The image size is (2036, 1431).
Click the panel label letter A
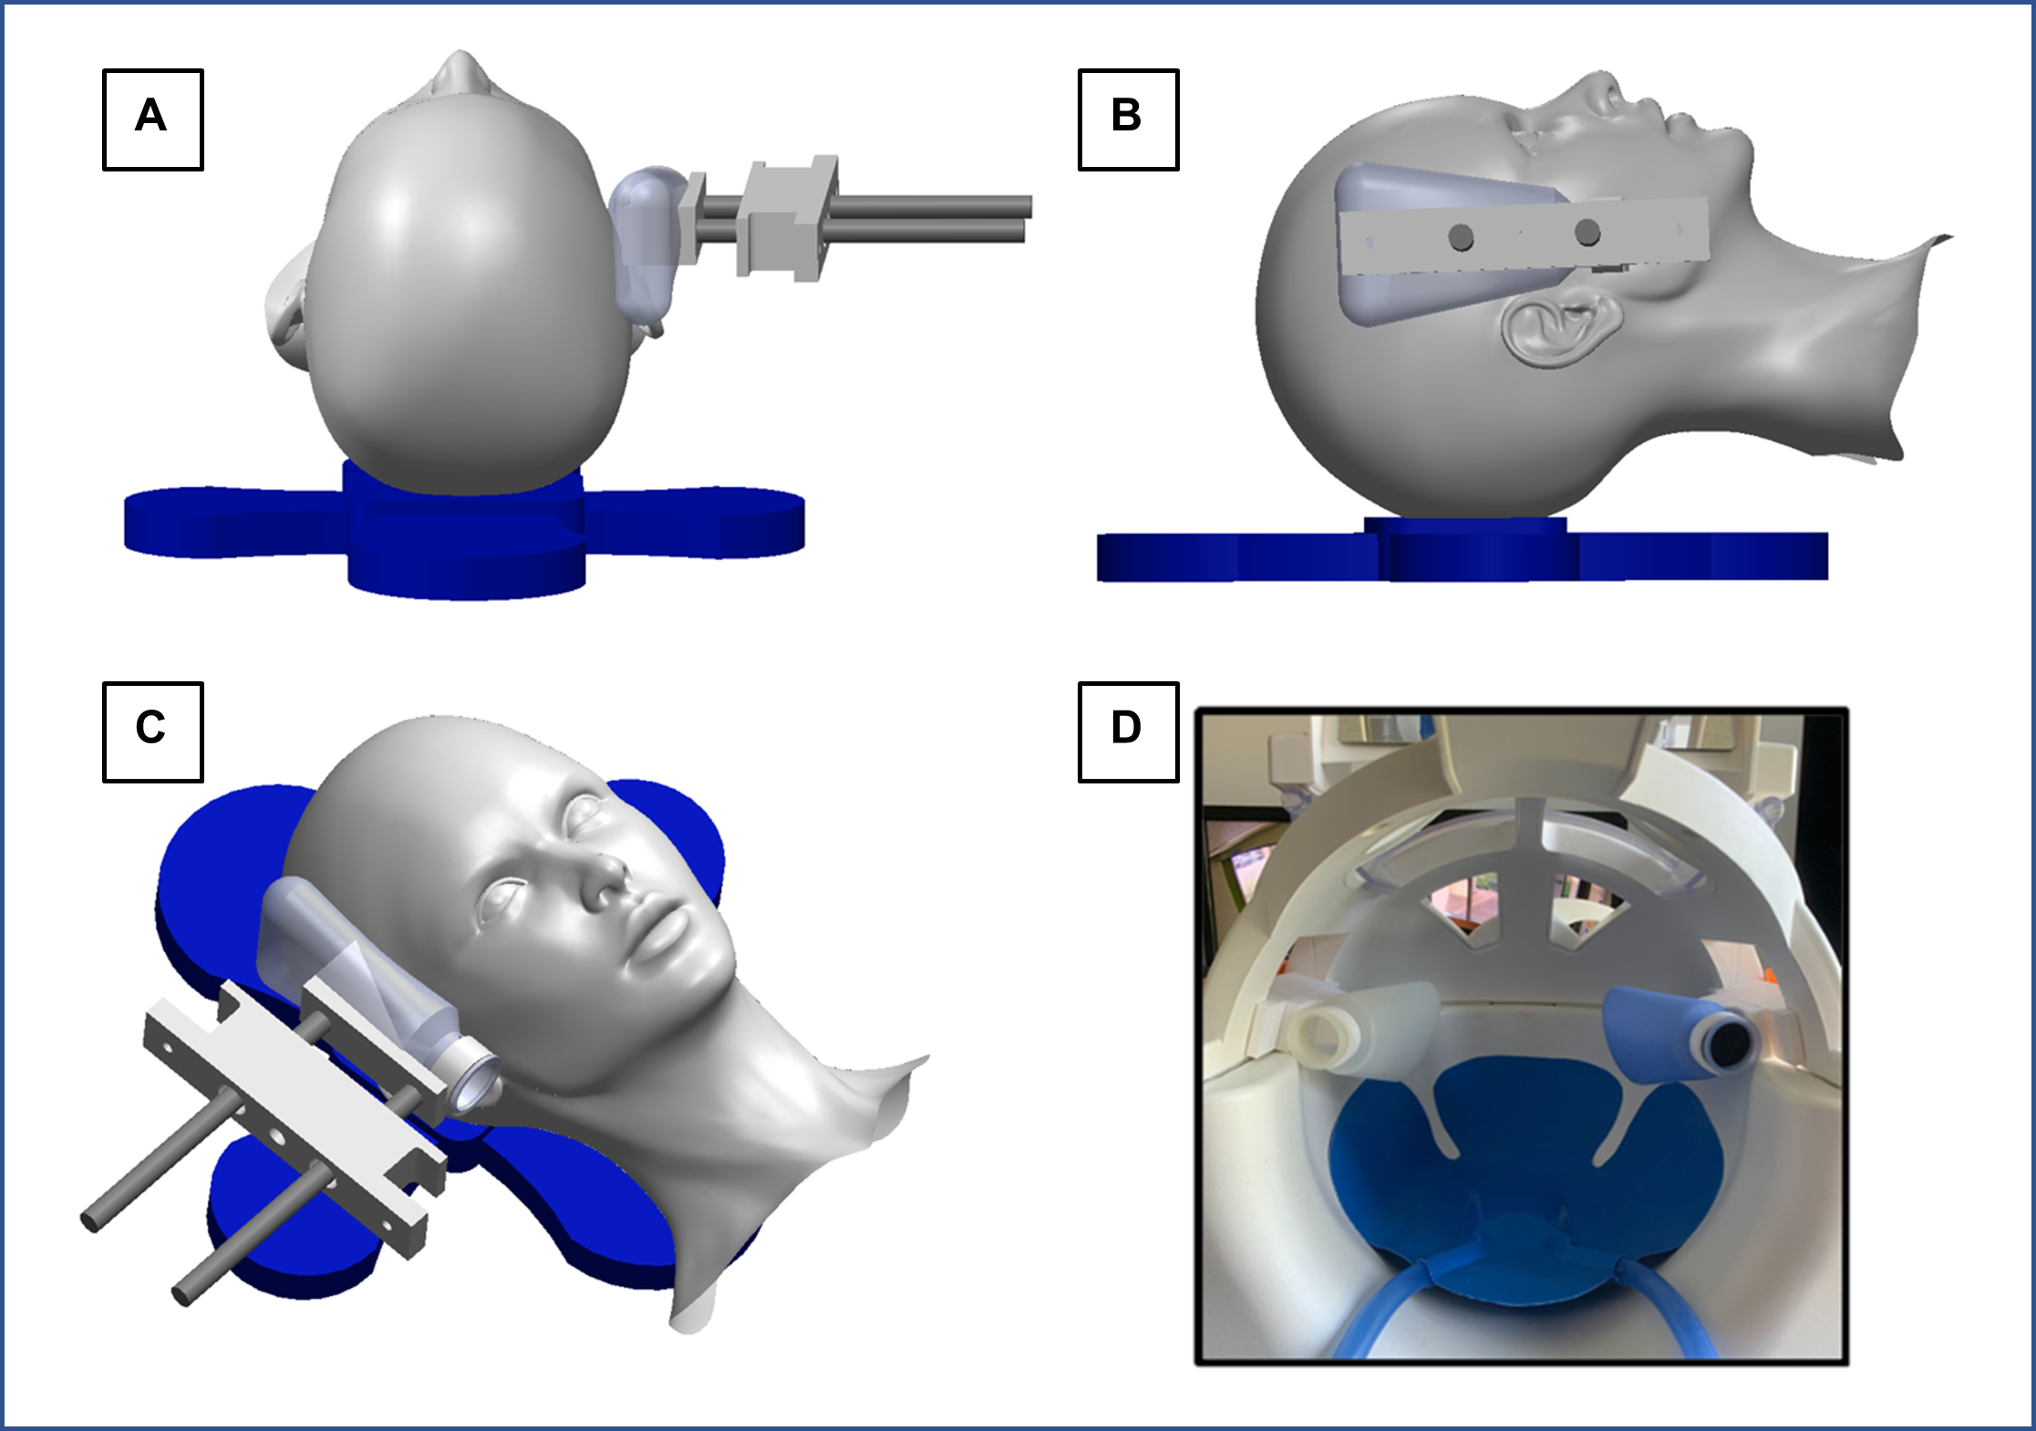click(x=151, y=116)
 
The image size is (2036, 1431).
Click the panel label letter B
click(x=1127, y=116)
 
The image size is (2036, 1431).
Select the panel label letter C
click(x=151, y=728)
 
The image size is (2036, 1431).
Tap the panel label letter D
click(x=1127, y=728)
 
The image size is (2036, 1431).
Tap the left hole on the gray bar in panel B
click(x=1461, y=237)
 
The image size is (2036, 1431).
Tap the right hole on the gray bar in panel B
click(x=1587, y=232)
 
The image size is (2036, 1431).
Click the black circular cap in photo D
click(x=1726, y=1042)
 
